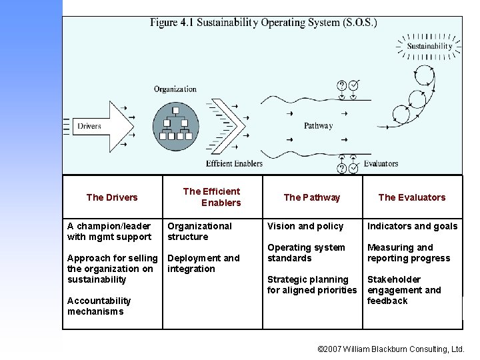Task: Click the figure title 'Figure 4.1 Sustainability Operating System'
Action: [263, 23]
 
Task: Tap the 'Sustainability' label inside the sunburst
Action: [429, 46]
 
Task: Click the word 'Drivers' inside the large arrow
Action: [89, 126]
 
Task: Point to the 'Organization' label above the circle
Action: [175, 89]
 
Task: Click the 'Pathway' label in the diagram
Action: [318, 126]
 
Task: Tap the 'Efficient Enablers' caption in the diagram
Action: [234, 163]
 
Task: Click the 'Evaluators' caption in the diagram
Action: [381, 163]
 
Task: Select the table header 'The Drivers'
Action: [112, 197]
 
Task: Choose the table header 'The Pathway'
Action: [311, 197]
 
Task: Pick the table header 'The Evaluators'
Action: [411, 197]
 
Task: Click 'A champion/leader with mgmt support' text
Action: [109, 231]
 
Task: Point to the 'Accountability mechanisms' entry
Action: [99, 306]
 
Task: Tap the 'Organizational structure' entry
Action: [199, 231]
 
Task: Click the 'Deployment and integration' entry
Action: [203, 263]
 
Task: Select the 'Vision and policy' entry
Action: [305, 226]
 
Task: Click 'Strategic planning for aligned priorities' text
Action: [311, 285]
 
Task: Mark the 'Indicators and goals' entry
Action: [412, 226]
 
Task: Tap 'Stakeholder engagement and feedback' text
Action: [404, 290]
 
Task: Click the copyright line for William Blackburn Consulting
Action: [391, 349]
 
